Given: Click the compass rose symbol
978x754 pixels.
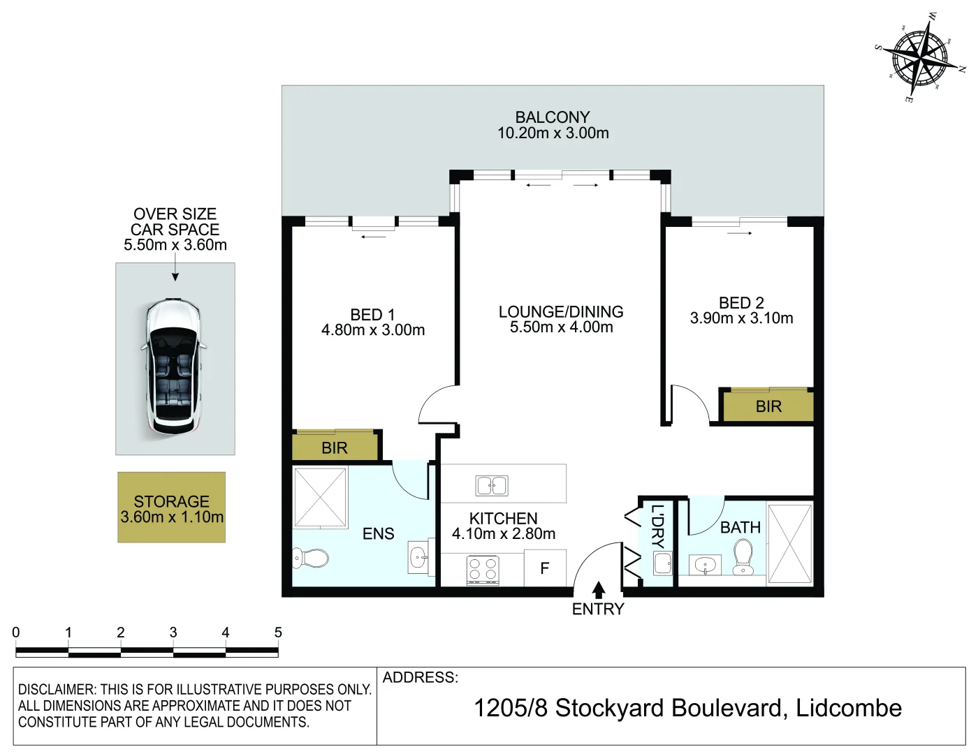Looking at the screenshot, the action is click(921, 58).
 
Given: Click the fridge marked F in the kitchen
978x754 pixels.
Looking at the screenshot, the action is click(545, 568).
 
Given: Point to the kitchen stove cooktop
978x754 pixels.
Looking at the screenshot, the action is click(483, 570).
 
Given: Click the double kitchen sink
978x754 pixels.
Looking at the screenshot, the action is click(492, 486).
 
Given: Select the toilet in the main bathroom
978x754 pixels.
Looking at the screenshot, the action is click(743, 557).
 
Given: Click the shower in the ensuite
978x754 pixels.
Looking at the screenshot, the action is click(320, 497).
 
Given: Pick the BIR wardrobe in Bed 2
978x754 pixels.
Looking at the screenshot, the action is click(768, 406).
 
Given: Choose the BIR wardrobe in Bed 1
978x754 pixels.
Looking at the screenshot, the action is click(335, 447).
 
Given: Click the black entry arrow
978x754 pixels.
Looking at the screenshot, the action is click(598, 590).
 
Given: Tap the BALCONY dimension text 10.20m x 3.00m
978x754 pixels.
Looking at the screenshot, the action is click(553, 133).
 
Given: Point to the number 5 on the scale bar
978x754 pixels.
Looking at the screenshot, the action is click(278, 632).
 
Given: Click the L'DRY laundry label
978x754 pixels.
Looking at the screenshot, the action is click(657, 526).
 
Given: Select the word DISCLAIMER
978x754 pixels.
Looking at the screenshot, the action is click(58, 689).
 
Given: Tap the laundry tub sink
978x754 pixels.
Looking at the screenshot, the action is click(663, 563).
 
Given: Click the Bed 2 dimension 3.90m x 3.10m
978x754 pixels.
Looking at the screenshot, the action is click(742, 318).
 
